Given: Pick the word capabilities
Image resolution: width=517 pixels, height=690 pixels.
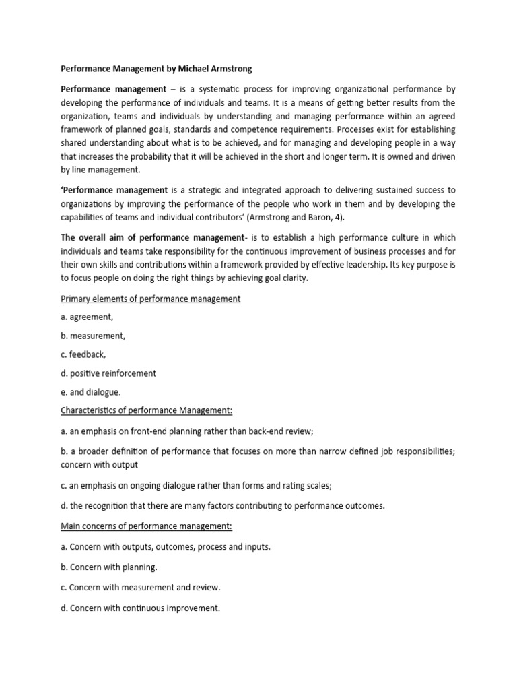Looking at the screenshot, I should coord(86,217).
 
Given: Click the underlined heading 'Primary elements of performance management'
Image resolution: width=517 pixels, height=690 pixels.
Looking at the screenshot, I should coord(150,299).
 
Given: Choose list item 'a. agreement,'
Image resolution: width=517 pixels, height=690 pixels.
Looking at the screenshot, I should coord(87,317).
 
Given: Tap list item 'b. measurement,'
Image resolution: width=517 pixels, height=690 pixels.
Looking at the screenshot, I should coord(93,335).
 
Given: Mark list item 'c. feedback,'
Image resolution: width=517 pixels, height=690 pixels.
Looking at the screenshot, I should coord(83,354).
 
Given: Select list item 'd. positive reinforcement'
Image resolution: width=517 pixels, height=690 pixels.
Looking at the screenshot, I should coord(108,373).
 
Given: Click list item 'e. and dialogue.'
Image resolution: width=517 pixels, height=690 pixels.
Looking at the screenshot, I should coord(91,391).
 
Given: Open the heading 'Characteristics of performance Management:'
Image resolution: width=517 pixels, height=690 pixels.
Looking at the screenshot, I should coord(147,410).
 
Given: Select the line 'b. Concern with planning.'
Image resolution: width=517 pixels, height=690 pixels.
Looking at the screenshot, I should coord(109,567).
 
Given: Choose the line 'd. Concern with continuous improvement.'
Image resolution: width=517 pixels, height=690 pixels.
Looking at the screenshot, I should coord(140,608).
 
